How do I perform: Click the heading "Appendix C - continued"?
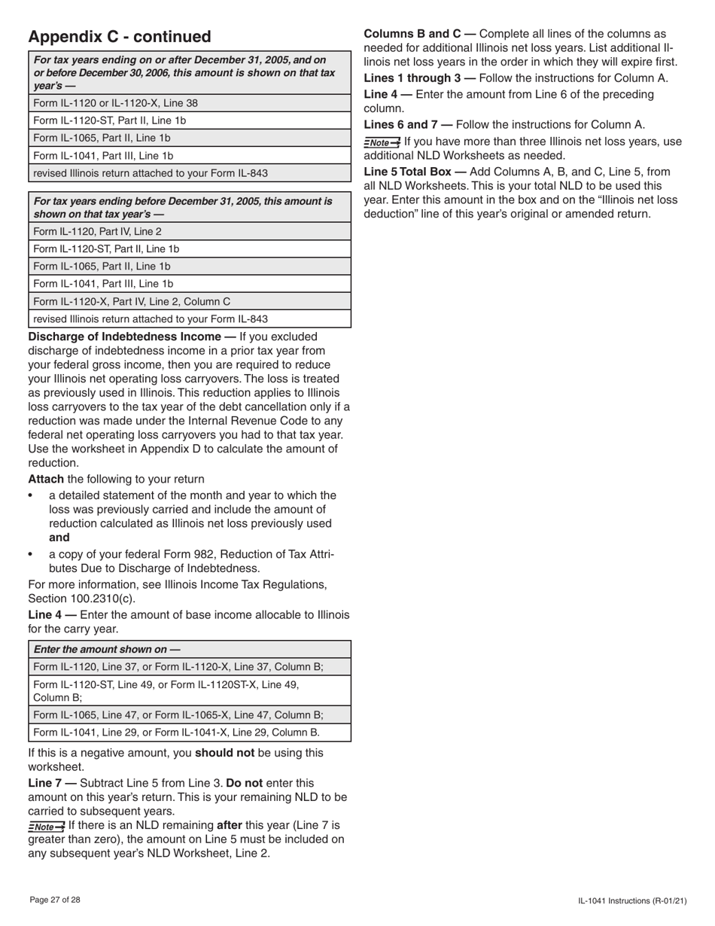click(120, 37)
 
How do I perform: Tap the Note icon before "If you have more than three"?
click(382, 142)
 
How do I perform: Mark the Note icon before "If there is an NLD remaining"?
click(46, 827)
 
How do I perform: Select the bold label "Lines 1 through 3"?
click(411, 78)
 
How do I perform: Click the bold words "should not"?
click(224, 752)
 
